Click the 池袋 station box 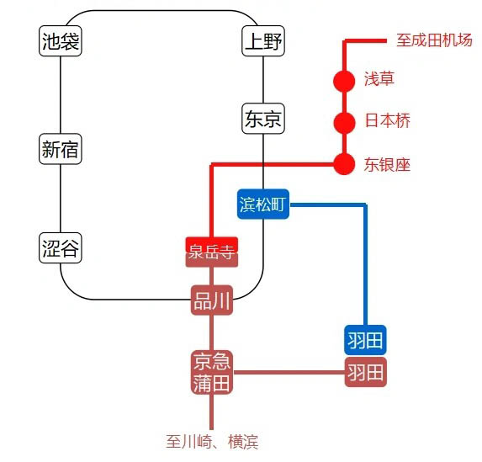click(61, 41)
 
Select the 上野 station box click(263, 41)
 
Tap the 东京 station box click(263, 119)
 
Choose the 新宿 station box click(61, 150)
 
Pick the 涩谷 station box click(61, 248)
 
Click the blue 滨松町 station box click(263, 204)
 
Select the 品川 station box click(211, 301)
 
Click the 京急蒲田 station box click(211, 373)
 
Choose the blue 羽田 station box click(365, 340)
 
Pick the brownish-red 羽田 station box click(365, 372)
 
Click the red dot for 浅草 click(344, 81)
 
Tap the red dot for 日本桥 click(344, 122)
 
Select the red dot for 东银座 click(344, 163)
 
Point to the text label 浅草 click(379, 80)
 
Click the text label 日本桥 click(387, 121)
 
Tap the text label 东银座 click(387, 164)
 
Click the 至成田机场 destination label click(434, 40)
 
